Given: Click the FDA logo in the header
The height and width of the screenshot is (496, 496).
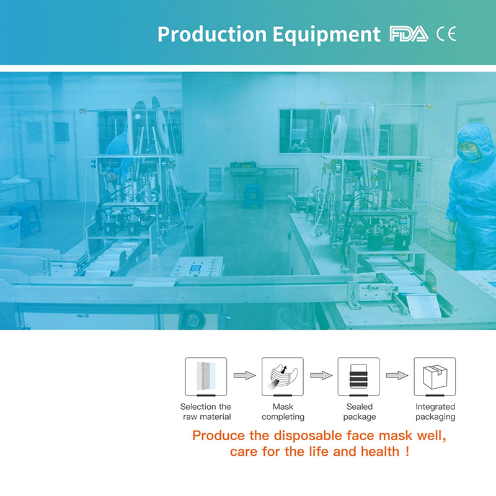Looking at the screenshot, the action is [409, 34].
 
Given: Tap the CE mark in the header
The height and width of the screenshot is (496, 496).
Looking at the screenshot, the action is [446, 34].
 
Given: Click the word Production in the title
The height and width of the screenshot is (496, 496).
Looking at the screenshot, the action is [212, 34].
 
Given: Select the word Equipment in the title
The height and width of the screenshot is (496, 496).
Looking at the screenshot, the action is [326, 35].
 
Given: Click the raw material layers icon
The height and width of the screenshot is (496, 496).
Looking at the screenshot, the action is [206, 376].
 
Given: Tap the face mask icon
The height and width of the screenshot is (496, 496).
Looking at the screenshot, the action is [283, 376].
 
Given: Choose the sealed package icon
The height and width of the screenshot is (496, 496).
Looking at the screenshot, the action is [358, 376].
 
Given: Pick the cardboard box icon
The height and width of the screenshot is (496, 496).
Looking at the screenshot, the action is [435, 376].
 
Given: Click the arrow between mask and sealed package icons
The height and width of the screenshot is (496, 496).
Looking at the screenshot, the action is [321, 376].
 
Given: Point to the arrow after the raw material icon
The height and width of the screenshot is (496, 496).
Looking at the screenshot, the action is [244, 376].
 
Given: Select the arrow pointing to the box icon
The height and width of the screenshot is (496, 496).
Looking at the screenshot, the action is [397, 376].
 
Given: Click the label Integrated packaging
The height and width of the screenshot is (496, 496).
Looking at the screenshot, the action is [435, 412].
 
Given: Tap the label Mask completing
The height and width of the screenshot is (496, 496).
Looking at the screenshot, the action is [283, 412].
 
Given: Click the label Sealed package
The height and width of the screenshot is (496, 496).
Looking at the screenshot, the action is [360, 412].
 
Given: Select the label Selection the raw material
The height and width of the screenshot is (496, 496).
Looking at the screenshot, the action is [206, 412].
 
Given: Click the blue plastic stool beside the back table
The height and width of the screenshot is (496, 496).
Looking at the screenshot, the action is [254, 196].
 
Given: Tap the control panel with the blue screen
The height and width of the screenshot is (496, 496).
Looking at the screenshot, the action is [197, 266].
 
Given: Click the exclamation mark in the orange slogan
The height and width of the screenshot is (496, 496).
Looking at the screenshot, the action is [407, 451].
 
